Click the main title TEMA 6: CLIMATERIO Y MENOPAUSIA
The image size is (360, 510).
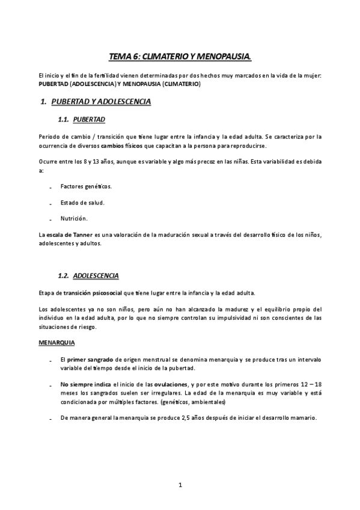point(180,57)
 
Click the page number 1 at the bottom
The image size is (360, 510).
point(180,484)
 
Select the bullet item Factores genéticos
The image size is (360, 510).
point(86,186)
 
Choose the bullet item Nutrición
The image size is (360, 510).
point(75,218)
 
